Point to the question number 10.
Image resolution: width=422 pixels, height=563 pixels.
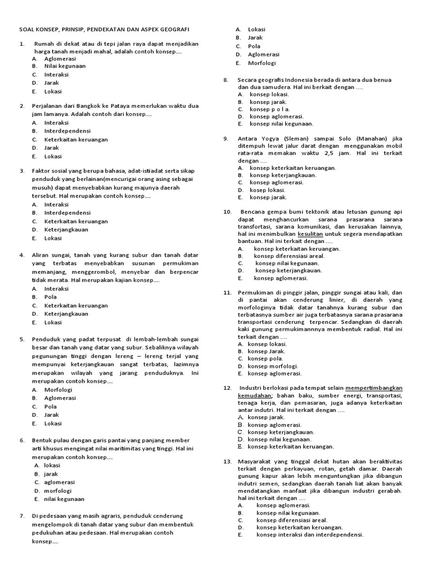click(227, 212)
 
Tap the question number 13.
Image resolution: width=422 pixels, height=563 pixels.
click(227, 461)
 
